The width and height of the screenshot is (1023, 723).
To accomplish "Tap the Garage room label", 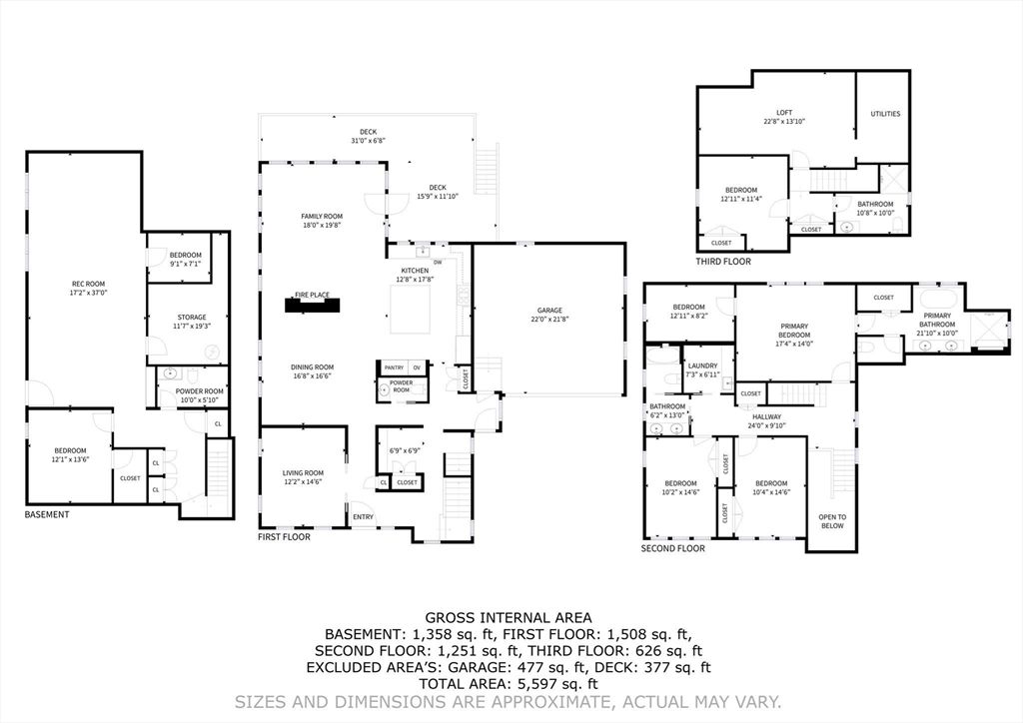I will pos(548,311).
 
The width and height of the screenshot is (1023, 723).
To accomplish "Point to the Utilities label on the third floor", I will pos(884,114).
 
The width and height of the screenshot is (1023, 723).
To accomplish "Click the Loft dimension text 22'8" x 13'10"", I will pos(783,122).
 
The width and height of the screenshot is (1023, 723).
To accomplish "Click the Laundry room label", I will pos(702,365).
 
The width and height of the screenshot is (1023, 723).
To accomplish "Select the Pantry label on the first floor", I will pos(394,367).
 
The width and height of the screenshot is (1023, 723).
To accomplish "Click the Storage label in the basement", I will pos(192,318).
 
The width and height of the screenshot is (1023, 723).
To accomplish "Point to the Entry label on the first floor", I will pos(362,516).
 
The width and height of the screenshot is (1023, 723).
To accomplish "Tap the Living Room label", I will pos(302,473).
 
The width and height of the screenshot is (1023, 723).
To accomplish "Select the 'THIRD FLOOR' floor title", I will pos(723,262).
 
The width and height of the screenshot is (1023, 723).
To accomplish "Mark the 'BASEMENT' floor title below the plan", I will pos(47,514).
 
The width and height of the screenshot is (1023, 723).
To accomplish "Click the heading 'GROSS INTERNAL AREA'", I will pos(509,618).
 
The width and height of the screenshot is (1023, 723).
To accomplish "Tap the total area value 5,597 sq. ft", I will pos(552,684).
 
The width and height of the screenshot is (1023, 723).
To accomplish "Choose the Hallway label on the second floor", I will pos(766,417).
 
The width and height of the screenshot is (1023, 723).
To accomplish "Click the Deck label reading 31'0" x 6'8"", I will pos(368,141).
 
